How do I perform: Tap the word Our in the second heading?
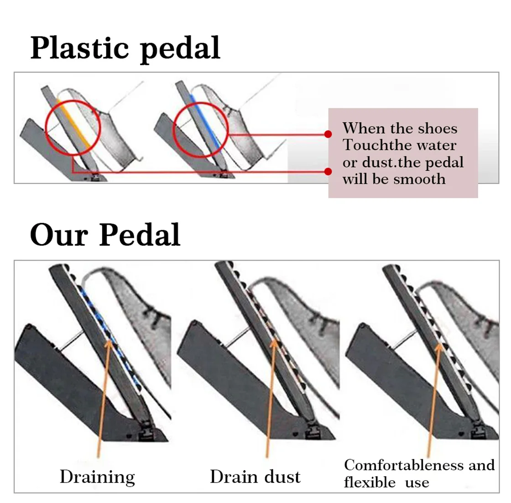[59, 235]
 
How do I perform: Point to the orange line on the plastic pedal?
[73, 123]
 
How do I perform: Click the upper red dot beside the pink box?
[328, 134]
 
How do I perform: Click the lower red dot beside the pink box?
[328, 171]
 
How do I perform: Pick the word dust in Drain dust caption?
[282, 477]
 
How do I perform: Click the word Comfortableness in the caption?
[404, 465]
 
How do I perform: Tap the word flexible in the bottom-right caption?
[370, 482]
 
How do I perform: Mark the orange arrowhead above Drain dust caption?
[274, 342]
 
